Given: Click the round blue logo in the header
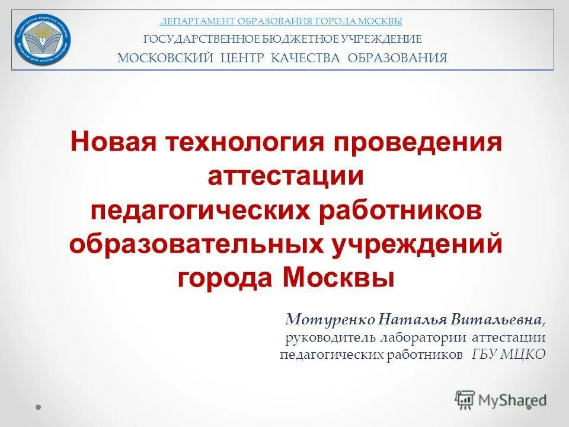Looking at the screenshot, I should click(x=43, y=39).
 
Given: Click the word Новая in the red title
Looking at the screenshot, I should click(x=113, y=142).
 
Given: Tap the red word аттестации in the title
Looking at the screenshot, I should click(x=285, y=176).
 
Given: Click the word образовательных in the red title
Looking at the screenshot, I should click(x=192, y=244).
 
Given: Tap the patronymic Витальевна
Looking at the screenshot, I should click(x=496, y=320).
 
